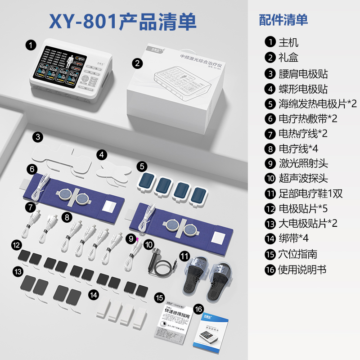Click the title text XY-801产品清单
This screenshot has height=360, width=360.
124,21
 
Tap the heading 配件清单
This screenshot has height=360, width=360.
283,20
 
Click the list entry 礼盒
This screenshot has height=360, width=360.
288,58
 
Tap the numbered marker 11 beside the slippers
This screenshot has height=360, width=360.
184,256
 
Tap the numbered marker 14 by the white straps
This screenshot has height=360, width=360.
93,295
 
